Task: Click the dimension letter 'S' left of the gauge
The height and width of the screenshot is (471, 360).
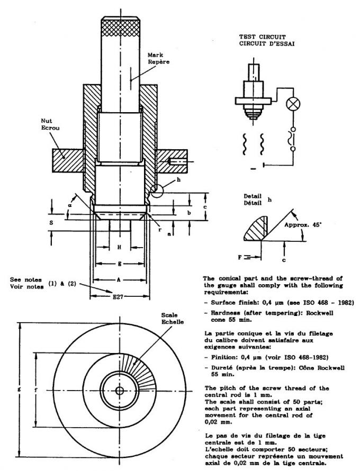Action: pos(51,223)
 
